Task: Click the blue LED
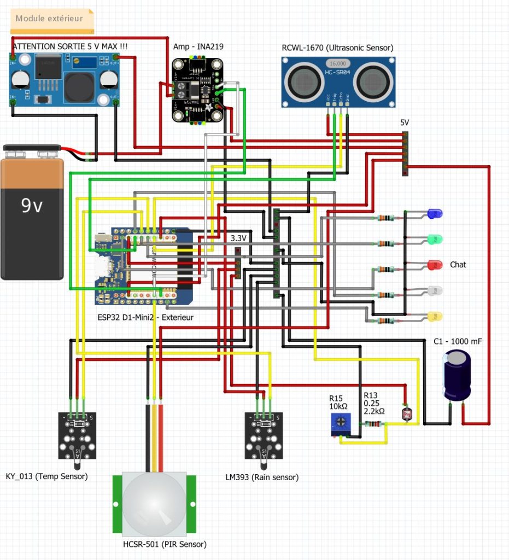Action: [x=435, y=213]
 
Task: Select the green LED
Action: [x=435, y=239]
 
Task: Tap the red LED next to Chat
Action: [x=435, y=265]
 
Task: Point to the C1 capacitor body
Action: [x=457, y=376]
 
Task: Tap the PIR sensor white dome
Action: [x=154, y=504]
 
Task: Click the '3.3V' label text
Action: [x=239, y=238]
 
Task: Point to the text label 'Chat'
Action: [x=458, y=265]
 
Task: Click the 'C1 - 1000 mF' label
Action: [x=458, y=341]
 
